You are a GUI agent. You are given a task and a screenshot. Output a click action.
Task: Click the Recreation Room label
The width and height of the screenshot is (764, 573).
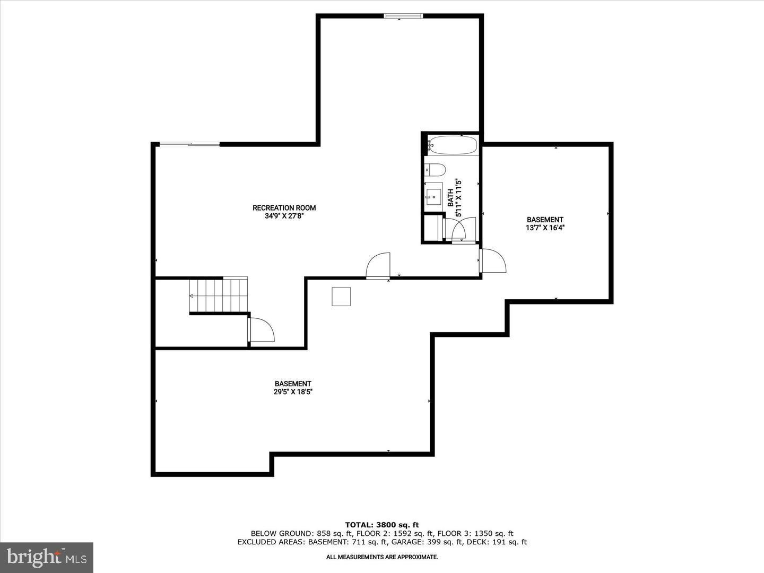click(x=284, y=208)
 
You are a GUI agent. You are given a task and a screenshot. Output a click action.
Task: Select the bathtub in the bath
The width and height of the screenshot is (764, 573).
click(x=452, y=145)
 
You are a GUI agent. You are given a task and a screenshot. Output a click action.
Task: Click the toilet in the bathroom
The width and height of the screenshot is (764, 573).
click(x=436, y=170)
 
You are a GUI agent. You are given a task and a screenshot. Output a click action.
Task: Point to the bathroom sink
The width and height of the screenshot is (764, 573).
click(x=434, y=194)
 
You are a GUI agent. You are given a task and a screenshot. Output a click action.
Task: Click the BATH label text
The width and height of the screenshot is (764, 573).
click(x=450, y=198)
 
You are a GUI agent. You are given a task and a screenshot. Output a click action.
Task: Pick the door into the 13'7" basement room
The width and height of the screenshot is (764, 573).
click(x=492, y=261)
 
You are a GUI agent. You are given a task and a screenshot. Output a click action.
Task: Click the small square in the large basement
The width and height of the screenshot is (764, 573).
click(x=341, y=297)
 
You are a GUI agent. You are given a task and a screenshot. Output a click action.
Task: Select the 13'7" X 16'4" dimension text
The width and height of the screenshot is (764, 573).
click(x=545, y=228)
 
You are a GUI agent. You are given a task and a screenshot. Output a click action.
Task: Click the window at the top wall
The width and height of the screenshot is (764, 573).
click(x=403, y=16)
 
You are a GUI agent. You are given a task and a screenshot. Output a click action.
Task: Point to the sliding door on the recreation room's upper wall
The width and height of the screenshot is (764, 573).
click(x=189, y=144)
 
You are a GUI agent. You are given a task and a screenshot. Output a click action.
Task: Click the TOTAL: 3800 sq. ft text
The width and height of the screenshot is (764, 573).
click(x=382, y=525)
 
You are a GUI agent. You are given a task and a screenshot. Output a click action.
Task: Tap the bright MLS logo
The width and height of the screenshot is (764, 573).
click(x=47, y=557)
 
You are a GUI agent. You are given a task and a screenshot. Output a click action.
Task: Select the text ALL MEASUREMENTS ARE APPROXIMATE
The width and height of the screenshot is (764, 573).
click(x=382, y=557)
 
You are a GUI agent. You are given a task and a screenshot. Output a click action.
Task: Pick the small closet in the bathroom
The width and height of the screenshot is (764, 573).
click(x=432, y=227)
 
